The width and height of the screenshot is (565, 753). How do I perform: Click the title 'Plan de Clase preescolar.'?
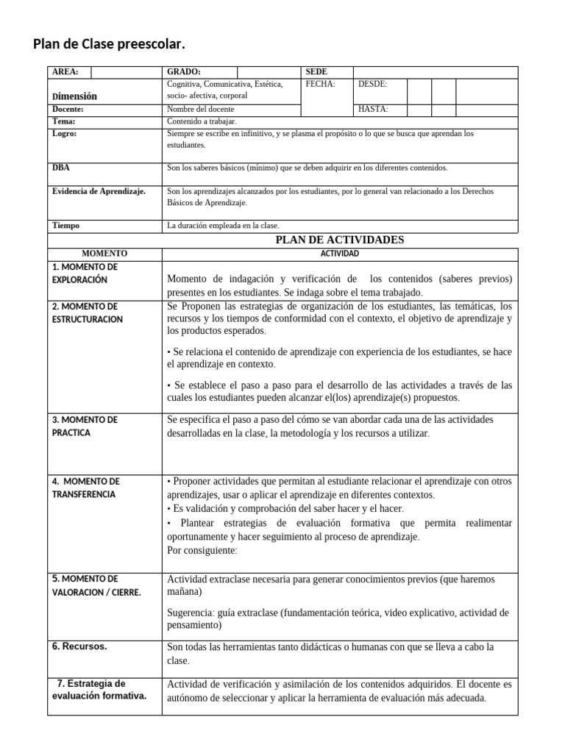(x=109, y=45)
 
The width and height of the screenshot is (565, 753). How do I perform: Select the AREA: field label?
(x=65, y=72)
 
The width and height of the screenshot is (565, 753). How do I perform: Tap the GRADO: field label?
(x=184, y=72)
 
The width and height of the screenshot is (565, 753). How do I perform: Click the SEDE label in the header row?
(x=316, y=72)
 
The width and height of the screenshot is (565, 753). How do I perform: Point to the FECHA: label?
(x=320, y=84)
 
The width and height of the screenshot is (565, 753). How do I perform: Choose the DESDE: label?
(x=372, y=84)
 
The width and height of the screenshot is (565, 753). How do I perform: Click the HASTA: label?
(x=373, y=109)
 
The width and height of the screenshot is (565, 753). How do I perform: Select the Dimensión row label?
(x=74, y=96)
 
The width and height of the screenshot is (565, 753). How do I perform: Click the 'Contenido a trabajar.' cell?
(x=202, y=121)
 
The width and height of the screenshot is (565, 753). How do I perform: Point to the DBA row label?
(x=61, y=168)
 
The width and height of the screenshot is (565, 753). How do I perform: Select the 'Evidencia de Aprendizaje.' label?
(x=99, y=191)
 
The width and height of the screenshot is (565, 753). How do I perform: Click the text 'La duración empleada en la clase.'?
(x=223, y=226)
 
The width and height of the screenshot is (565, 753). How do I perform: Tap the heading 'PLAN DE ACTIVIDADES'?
(x=339, y=240)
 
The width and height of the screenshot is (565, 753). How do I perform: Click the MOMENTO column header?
(x=104, y=253)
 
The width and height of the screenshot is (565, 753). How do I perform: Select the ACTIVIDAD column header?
(x=339, y=253)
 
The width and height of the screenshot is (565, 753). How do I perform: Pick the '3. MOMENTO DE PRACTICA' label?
(x=85, y=427)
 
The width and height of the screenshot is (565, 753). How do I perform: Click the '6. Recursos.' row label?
(x=79, y=646)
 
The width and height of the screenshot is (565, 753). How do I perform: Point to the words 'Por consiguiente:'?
(x=202, y=550)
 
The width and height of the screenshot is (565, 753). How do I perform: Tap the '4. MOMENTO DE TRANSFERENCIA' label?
(x=85, y=488)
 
